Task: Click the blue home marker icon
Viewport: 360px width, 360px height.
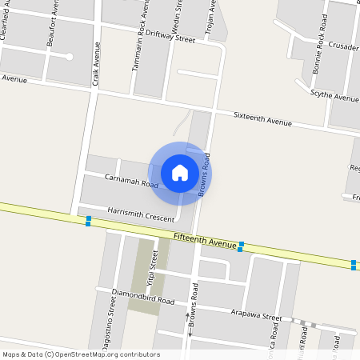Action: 180,173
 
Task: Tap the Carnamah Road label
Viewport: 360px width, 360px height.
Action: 131,181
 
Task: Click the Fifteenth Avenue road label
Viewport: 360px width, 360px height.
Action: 205,240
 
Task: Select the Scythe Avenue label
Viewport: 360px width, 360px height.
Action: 334,97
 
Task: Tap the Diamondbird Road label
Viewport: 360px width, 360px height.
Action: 143,298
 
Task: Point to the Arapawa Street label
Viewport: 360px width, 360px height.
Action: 255,315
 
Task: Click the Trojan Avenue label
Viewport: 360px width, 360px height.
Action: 213,18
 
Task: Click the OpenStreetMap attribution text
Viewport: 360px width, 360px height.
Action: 81,354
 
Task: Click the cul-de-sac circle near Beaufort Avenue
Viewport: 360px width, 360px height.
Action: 70,57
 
